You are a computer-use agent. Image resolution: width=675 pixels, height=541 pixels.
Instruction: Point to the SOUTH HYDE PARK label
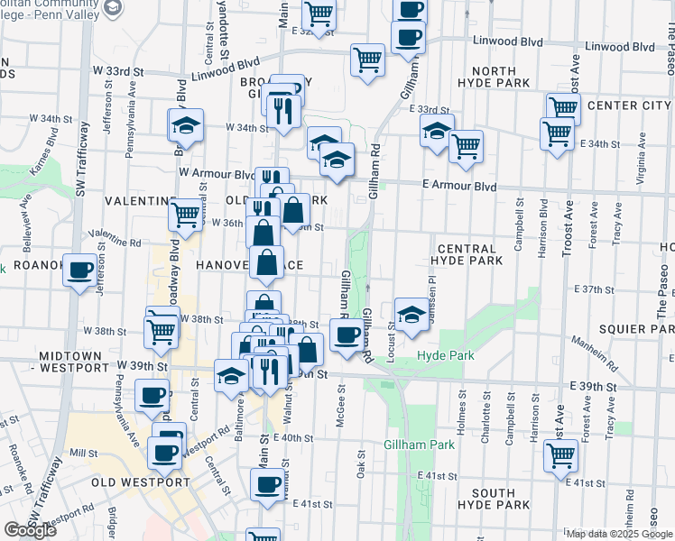[x=493, y=500]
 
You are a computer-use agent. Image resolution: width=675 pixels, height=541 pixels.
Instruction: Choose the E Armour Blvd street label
[x=460, y=186]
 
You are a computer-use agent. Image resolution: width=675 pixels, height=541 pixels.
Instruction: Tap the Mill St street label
[x=82, y=453]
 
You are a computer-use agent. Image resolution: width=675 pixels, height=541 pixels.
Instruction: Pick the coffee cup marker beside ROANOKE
[x=80, y=270]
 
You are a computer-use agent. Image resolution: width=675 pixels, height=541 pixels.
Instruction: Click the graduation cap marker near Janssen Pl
[x=411, y=316]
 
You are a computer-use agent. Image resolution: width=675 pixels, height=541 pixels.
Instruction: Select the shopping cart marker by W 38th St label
[x=162, y=330]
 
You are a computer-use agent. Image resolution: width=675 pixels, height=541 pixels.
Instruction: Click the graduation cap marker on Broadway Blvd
[x=185, y=127]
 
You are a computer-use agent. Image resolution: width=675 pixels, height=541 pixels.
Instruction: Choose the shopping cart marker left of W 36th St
[x=186, y=215]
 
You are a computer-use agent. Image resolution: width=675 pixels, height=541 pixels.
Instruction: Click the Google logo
[x=30, y=530]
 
